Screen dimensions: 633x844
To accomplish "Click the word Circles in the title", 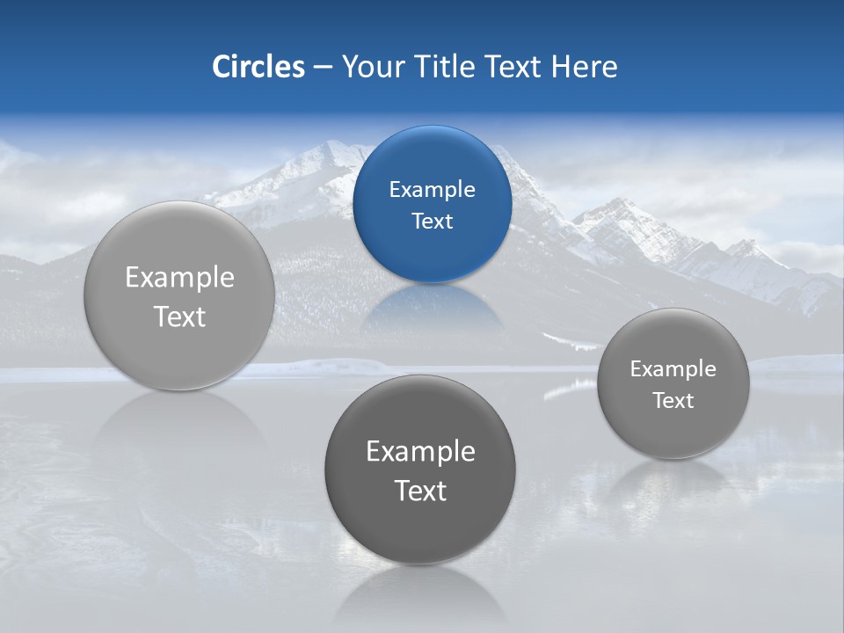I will point(258,67).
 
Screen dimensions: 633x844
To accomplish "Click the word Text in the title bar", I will point(512,67).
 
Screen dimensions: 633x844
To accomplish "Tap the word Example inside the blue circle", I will point(432,189).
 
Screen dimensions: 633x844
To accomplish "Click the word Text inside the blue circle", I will point(432,221).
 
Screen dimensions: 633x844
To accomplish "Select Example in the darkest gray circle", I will point(420,451).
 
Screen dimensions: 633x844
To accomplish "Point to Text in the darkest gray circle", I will point(420,491).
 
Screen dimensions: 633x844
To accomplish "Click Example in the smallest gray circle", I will point(673,368).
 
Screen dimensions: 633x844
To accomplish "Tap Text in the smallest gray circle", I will point(673,400).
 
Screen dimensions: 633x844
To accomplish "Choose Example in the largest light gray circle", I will point(179,277).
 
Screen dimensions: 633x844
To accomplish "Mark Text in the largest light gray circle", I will point(179,316).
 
